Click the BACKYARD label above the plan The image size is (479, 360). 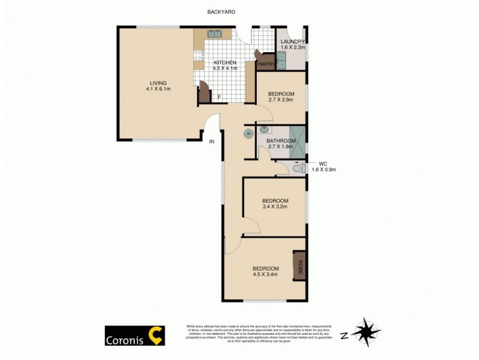coord(220,11)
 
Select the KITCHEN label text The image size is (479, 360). coord(225,62)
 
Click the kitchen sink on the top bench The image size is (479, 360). coord(214,34)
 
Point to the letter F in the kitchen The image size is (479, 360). coord(219,97)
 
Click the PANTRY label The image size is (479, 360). coord(266,64)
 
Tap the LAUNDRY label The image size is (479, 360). coord(293,41)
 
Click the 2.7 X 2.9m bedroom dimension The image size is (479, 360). coord(281,100)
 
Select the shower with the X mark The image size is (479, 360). coord(298,142)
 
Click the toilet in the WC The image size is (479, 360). coord(299,169)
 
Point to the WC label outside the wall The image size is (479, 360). coord(323,163)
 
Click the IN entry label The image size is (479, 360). coord(212,142)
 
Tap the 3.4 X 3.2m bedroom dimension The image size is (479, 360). coord(275,207)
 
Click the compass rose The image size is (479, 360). coord(366,332)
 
